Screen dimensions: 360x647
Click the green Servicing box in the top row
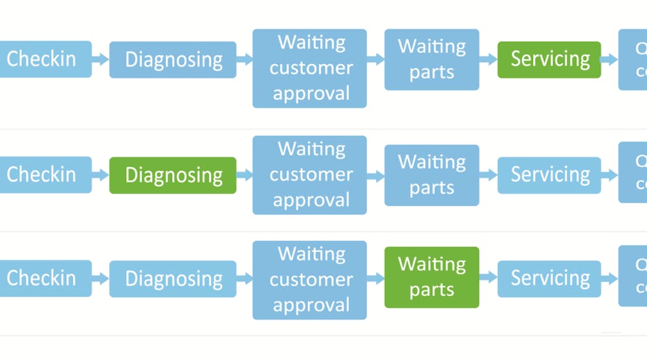[549, 60]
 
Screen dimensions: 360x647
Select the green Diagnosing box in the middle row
[173, 175]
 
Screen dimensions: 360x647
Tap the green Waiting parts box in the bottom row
[432, 277]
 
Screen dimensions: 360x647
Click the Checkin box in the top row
[43, 60]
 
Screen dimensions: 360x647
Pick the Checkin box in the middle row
[43, 175]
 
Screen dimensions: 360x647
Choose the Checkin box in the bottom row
[43, 278]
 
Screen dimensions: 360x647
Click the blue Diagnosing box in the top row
[173, 60]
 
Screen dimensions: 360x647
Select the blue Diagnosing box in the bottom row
[173, 279]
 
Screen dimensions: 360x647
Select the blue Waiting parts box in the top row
[432, 60]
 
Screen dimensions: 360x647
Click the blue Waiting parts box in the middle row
[432, 175]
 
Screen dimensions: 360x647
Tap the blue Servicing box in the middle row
[549, 175]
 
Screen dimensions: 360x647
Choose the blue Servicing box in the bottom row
[549, 278]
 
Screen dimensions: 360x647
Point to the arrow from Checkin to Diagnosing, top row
[100, 60]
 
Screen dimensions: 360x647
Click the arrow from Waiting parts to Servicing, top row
[488, 59]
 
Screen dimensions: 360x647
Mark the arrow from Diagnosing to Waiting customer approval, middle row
[245, 175]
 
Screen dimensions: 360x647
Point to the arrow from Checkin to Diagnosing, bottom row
[100, 278]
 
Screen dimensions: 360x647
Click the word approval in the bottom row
[311, 305]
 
